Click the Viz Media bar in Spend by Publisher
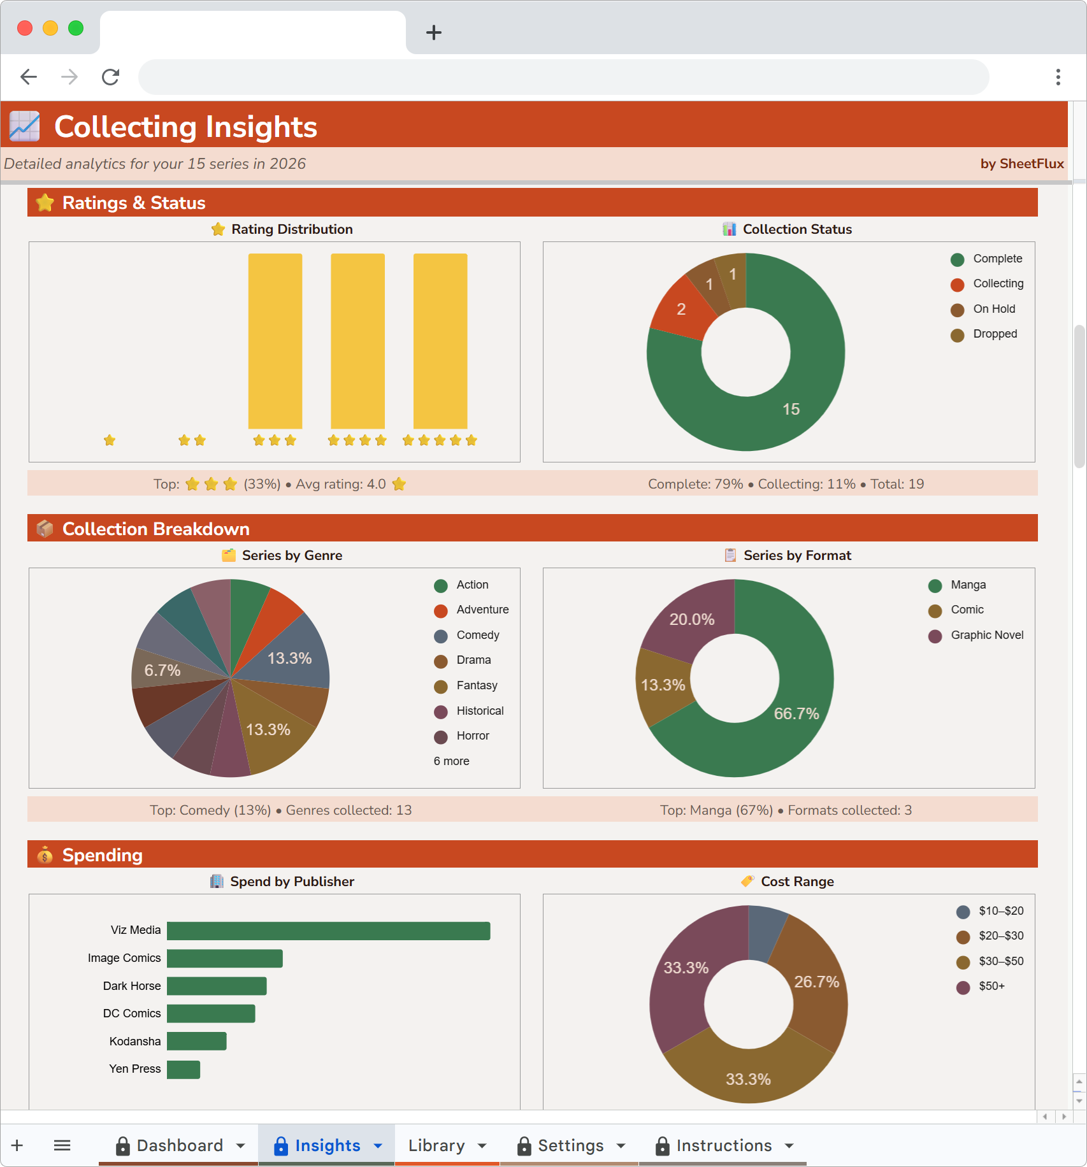pos(328,931)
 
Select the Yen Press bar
pos(184,1070)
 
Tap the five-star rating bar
pos(440,341)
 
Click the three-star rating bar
pos(275,341)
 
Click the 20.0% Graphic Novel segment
pos(692,619)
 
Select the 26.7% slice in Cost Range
pos(816,982)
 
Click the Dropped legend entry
pos(995,334)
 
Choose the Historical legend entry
pos(479,711)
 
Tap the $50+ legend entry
pos(991,987)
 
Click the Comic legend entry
pos(967,610)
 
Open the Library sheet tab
pos(436,1145)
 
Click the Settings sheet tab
pos(570,1145)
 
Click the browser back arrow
pos(29,77)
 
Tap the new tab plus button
pos(434,32)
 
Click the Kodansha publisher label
pos(135,1042)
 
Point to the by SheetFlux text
pos(1021,164)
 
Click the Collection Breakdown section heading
pos(155,529)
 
